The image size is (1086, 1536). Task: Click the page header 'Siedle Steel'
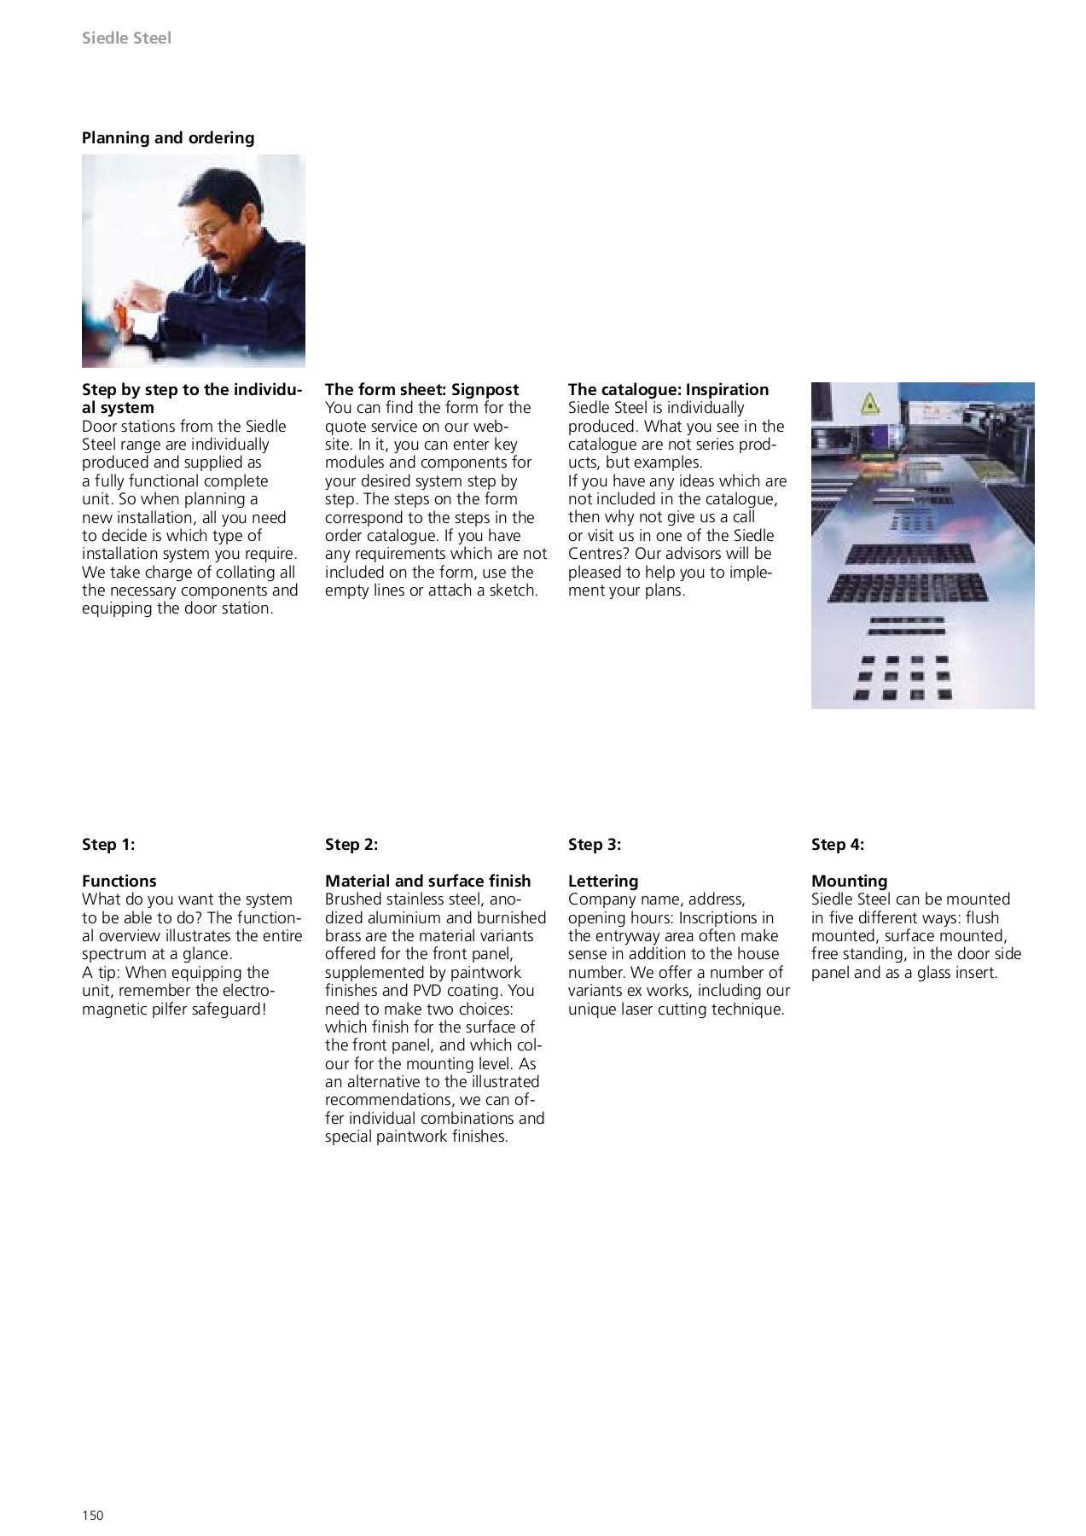click(x=126, y=38)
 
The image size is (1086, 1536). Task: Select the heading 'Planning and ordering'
click(x=168, y=137)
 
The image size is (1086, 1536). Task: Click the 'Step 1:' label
click(x=108, y=845)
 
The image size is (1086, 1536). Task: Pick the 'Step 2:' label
click(x=351, y=845)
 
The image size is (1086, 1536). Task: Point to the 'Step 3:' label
click(x=595, y=845)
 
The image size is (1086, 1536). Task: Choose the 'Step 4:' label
click(x=838, y=845)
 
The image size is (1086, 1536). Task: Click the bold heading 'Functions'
click(x=119, y=881)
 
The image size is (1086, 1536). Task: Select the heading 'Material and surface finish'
click(x=427, y=881)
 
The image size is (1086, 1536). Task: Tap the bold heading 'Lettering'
click(x=603, y=881)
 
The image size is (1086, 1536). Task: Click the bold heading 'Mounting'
click(x=850, y=881)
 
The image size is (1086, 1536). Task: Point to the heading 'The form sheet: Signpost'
click(x=421, y=390)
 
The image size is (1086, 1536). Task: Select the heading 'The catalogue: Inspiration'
click(x=668, y=390)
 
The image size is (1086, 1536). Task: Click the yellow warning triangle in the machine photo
click(x=869, y=403)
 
